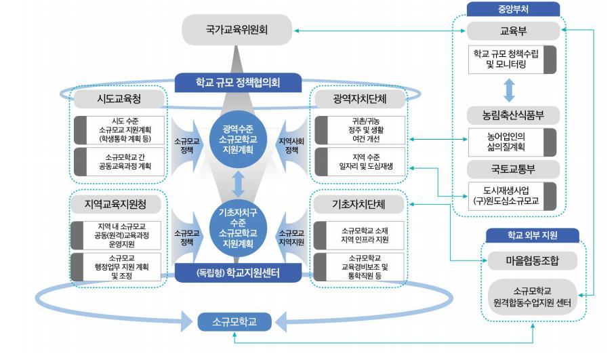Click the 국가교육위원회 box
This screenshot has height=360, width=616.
[237, 31]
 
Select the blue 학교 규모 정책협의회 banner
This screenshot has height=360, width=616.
[237, 83]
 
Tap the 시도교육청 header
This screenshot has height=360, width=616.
[120, 99]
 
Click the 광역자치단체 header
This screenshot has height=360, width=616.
[360, 99]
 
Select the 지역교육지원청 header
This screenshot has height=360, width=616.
[120, 203]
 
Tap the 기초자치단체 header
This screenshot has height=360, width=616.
[360, 203]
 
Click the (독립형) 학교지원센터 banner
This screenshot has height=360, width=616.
[237, 273]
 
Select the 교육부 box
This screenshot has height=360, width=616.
[513, 31]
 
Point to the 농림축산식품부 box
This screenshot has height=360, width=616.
[513, 115]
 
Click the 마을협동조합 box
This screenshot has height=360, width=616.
[532, 260]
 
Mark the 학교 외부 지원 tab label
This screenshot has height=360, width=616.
[532, 235]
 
